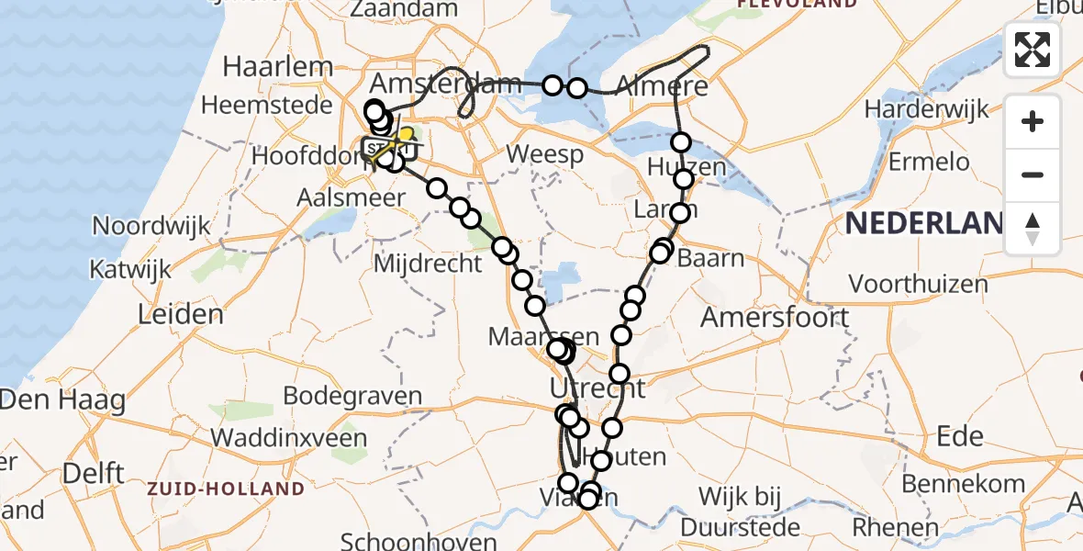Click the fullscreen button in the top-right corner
[x=1033, y=50]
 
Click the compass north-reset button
[x=1033, y=229]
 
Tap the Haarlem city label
[x=278, y=67]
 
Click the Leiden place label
[x=181, y=315]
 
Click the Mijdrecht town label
[x=429, y=264]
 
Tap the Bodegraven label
[x=353, y=397]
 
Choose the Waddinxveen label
[x=290, y=437]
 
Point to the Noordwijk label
[x=147, y=225]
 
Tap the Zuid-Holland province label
[x=225, y=489]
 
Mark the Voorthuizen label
[x=918, y=283]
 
